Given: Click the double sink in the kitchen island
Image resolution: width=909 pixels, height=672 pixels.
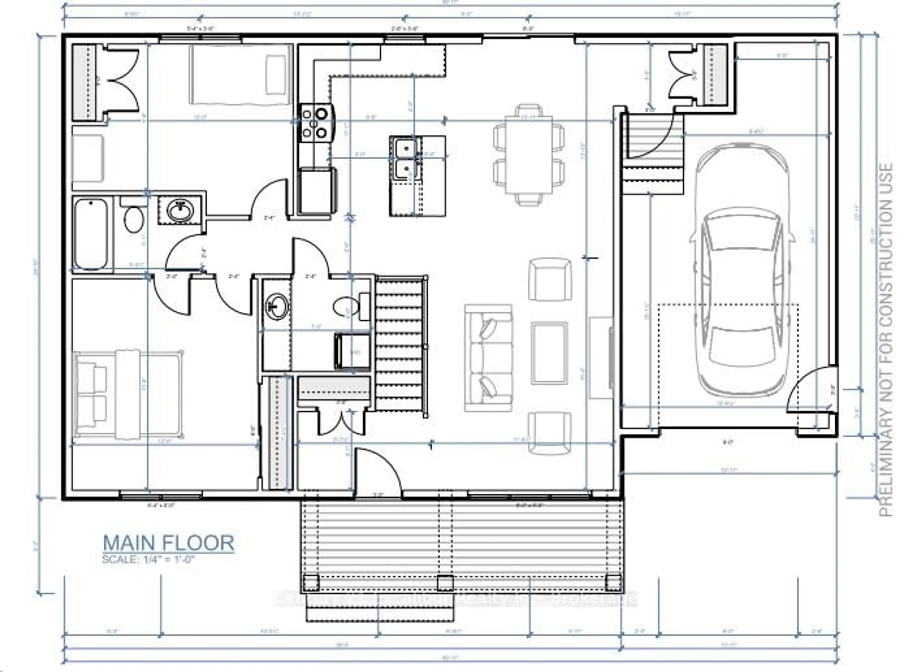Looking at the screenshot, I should click(406, 159).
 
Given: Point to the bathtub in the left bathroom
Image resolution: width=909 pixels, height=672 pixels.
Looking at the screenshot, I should click(91, 234).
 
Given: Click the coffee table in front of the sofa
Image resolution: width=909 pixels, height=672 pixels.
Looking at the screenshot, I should click(549, 353).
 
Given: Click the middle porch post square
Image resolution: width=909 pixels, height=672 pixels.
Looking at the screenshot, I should click(445, 584).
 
